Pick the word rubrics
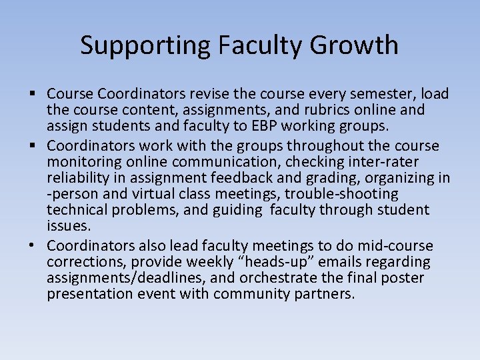pos(337,110)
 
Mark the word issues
pos(69,227)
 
